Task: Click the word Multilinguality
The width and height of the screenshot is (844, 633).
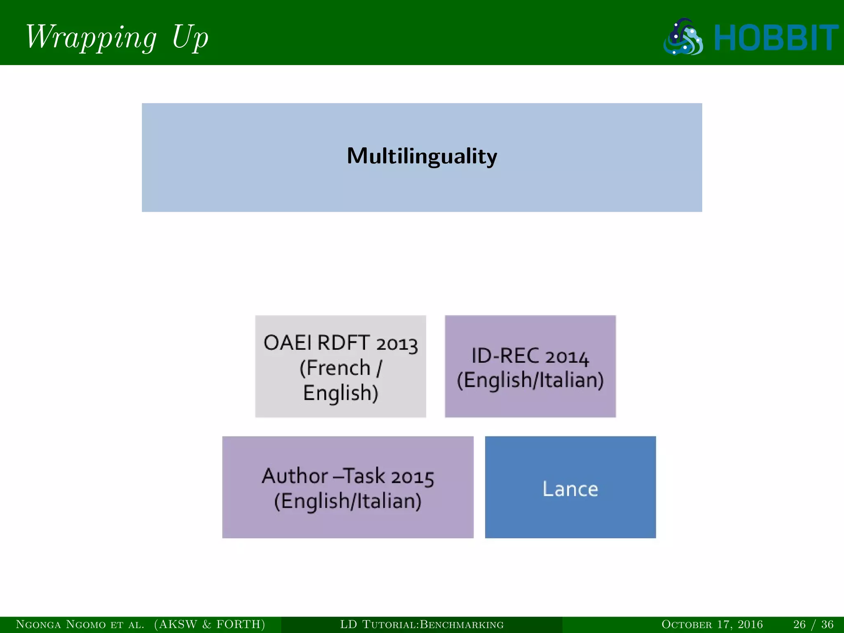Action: click(x=422, y=156)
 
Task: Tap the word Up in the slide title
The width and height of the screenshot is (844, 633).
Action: click(x=190, y=37)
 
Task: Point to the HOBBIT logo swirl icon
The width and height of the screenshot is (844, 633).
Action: click(x=683, y=37)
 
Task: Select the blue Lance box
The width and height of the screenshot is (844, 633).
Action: click(x=570, y=487)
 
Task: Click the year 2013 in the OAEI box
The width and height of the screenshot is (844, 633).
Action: click(x=397, y=344)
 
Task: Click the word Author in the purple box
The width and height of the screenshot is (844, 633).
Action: click(x=295, y=476)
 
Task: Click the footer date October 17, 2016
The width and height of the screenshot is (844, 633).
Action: click(x=712, y=624)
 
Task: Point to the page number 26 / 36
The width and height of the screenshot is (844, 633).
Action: click(x=813, y=624)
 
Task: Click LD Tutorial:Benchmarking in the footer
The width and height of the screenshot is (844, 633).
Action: click(x=422, y=624)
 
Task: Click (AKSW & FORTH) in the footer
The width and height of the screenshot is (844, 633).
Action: click(x=210, y=624)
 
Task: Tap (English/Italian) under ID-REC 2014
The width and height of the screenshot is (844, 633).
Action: click(x=530, y=380)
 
